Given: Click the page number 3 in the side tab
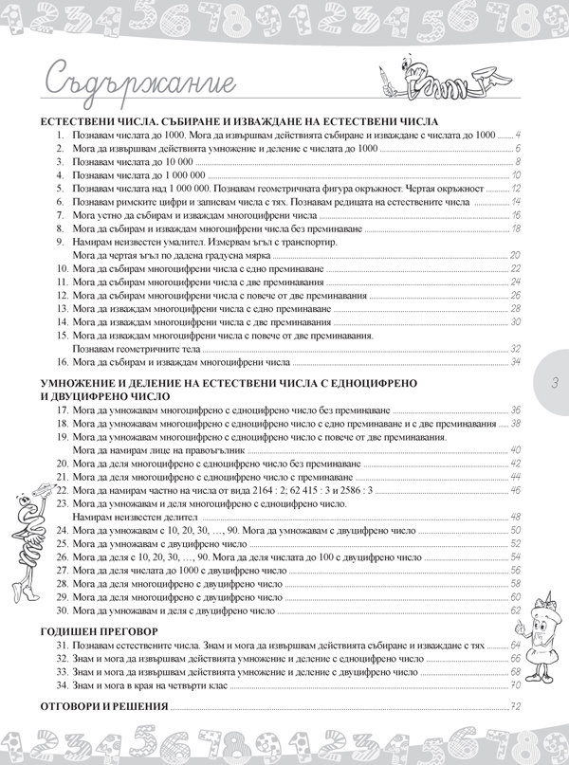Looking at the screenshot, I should pos(554,382).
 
